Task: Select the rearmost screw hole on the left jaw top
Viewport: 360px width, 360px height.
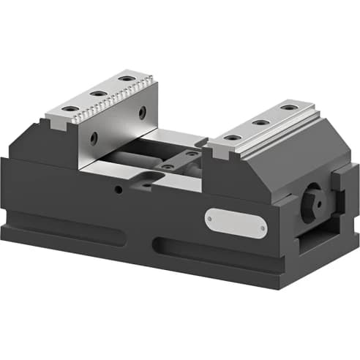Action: click(x=127, y=78)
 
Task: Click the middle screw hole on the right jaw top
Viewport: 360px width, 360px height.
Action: click(x=260, y=122)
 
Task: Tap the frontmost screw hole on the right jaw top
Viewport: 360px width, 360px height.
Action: click(x=230, y=138)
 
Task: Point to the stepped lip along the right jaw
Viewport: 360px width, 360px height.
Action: click(x=271, y=139)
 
